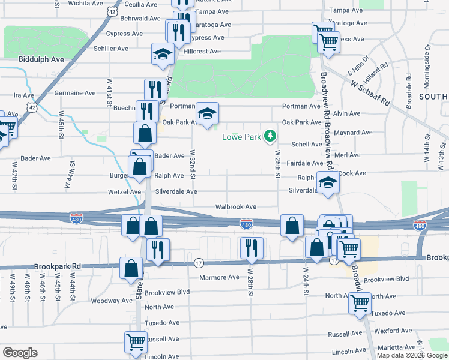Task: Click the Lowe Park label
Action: pyautogui.click(x=242, y=137)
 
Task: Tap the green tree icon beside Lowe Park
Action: pyautogui.click(x=271, y=136)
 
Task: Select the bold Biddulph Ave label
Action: pyautogui.click(x=41, y=60)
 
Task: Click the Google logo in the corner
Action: pyautogui.click(x=20, y=353)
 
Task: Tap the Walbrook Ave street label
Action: pyautogui.click(x=236, y=206)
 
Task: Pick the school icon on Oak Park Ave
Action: pyautogui.click(x=207, y=113)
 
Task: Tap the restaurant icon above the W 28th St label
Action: pyautogui.click(x=252, y=247)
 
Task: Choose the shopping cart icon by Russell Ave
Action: pyautogui.click(x=136, y=342)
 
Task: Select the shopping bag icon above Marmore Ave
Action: pyautogui.click(x=131, y=268)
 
